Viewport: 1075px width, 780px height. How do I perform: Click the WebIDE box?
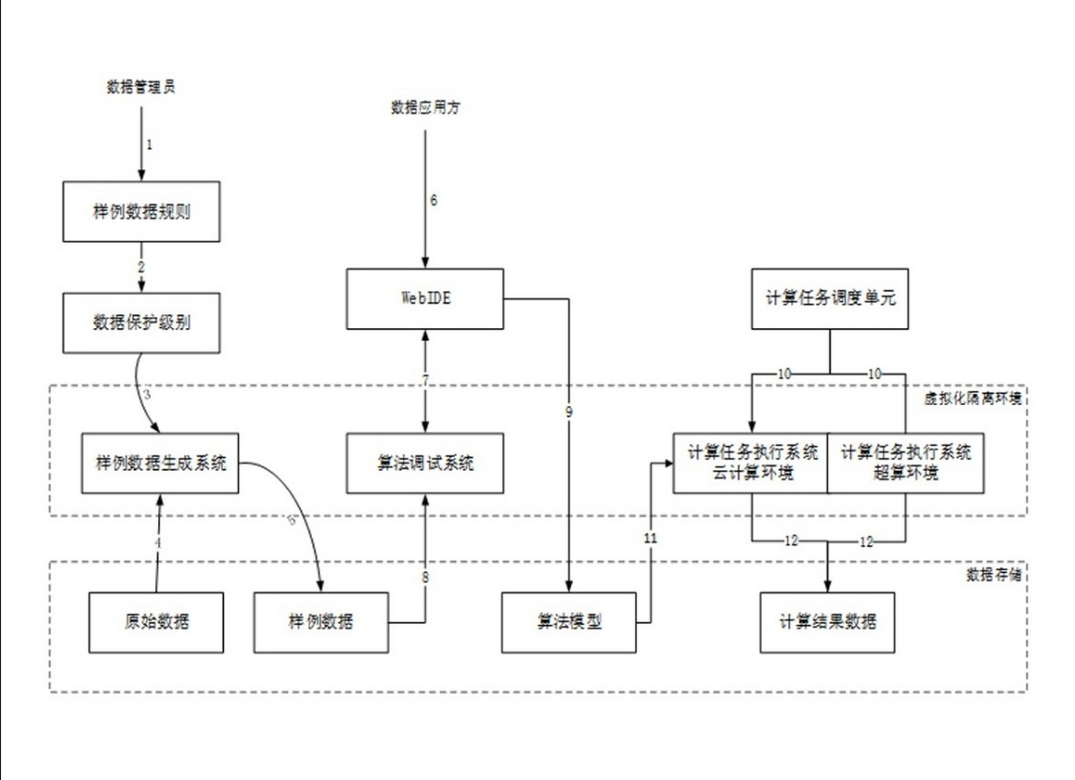click(425, 299)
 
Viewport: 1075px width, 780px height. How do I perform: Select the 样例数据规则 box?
click(141, 211)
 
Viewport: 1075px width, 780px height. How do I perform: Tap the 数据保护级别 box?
click(141, 322)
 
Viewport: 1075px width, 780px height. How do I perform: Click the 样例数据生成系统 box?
click(160, 463)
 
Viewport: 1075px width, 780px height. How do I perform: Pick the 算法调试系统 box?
click(425, 463)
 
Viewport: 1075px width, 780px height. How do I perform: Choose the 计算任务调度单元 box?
click(830, 299)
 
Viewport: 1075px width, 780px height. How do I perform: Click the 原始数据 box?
click(156, 622)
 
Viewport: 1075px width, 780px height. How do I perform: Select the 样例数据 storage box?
click(321, 622)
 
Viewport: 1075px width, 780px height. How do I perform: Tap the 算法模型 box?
click(569, 622)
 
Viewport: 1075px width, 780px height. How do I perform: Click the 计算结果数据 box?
click(827, 622)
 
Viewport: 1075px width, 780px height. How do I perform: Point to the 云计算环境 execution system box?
click(751, 463)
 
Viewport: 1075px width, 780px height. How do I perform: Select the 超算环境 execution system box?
click(906, 463)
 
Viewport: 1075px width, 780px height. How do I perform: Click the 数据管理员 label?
click(141, 87)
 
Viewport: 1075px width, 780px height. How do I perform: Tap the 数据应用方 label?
click(425, 108)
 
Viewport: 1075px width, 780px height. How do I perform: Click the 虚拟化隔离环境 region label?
click(973, 399)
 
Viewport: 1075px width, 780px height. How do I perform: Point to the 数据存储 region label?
click(994, 575)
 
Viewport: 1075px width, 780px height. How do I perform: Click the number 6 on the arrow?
click(434, 200)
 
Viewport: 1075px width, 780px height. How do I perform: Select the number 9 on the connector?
click(569, 412)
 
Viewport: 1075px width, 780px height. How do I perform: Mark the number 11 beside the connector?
click(650, 538)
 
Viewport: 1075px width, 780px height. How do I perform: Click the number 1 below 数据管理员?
click(149, 145)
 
